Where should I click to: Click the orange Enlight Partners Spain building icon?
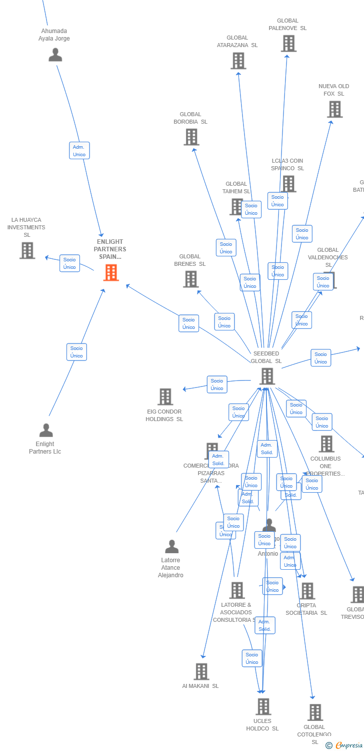point(111,272)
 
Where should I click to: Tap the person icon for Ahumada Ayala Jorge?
point(55,55)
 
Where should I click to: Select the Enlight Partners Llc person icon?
point(46,430)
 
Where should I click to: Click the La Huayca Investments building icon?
point(27,250)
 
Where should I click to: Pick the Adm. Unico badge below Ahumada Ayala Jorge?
point(79,150)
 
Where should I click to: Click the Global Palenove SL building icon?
point(288,44)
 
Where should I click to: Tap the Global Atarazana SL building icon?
point(238,61)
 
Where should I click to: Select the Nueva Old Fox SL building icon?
point(334,109)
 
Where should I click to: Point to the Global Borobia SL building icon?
point(191,137)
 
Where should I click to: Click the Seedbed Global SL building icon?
point(267,376)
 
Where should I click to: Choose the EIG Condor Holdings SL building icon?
point(165,397)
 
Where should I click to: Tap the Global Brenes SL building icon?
point(190,279)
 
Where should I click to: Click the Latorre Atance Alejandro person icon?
point(171,546)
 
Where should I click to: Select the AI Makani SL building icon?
point(201,671)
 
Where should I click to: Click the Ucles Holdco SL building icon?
point(263,706)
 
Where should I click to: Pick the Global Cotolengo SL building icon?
point(315,712)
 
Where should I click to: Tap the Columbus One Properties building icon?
point(326,444)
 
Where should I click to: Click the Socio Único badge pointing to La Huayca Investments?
point(69,263)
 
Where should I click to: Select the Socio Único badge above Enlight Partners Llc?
point(76,352)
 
